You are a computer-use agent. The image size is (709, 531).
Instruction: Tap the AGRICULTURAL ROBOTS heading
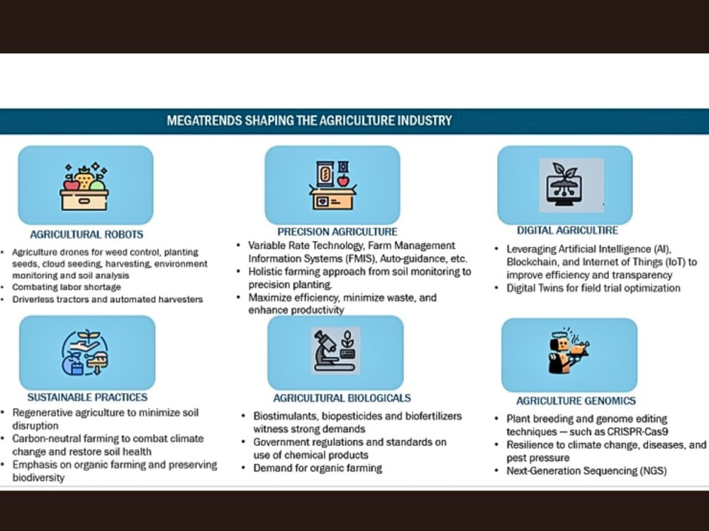point(86,234)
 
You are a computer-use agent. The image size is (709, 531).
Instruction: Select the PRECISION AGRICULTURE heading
point(337,232)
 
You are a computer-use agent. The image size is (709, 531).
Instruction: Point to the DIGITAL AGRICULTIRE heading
point(567,230)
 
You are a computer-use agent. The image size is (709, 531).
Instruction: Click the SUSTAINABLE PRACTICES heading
point(87,397)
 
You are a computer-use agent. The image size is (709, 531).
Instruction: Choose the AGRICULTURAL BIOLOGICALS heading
point(342,398)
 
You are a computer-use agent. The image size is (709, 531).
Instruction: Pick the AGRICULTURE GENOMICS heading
point(576,401)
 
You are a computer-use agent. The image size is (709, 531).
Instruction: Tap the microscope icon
point(329,351)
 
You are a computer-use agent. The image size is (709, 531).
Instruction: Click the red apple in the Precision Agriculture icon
point(344,181)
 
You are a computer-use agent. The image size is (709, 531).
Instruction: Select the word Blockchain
point(532,262)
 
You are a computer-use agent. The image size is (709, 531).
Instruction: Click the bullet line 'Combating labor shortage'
point(67,287)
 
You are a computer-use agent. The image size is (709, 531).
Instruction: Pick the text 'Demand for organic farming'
point(318,468)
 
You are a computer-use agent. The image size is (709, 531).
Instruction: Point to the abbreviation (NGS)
point(653,471)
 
